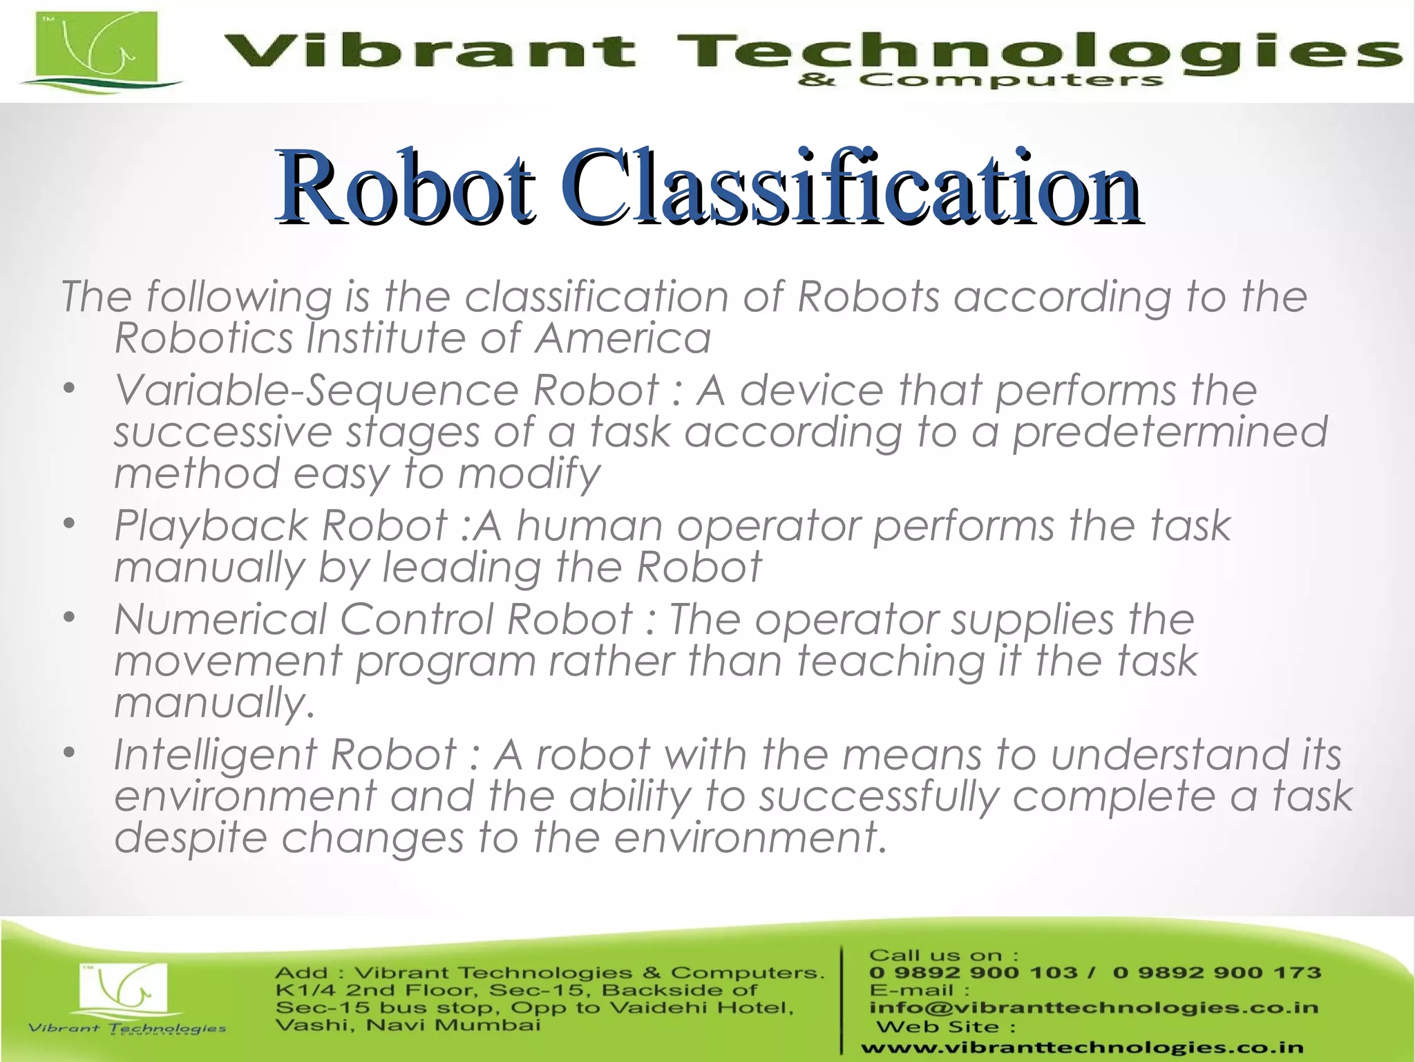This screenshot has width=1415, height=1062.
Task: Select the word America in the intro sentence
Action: click(623, 339)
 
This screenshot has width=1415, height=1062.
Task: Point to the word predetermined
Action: click(1170, 433)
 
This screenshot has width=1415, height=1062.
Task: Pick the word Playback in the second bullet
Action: click(211, 526)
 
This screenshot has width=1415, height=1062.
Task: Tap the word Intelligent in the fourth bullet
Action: click(216, 754)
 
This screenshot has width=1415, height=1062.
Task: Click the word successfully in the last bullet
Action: click(879, 796)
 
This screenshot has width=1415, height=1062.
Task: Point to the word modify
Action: click(529, 475)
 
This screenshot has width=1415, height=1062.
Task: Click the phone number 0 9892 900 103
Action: click(973, 973)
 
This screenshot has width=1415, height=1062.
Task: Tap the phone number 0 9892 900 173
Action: click(1217, 973)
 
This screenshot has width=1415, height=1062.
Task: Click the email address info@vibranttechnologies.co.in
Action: click(1094, 1007)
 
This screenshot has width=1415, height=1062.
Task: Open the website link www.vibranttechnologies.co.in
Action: click(1082, 1048)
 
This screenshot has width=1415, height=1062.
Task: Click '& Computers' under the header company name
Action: click(980, 81)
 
